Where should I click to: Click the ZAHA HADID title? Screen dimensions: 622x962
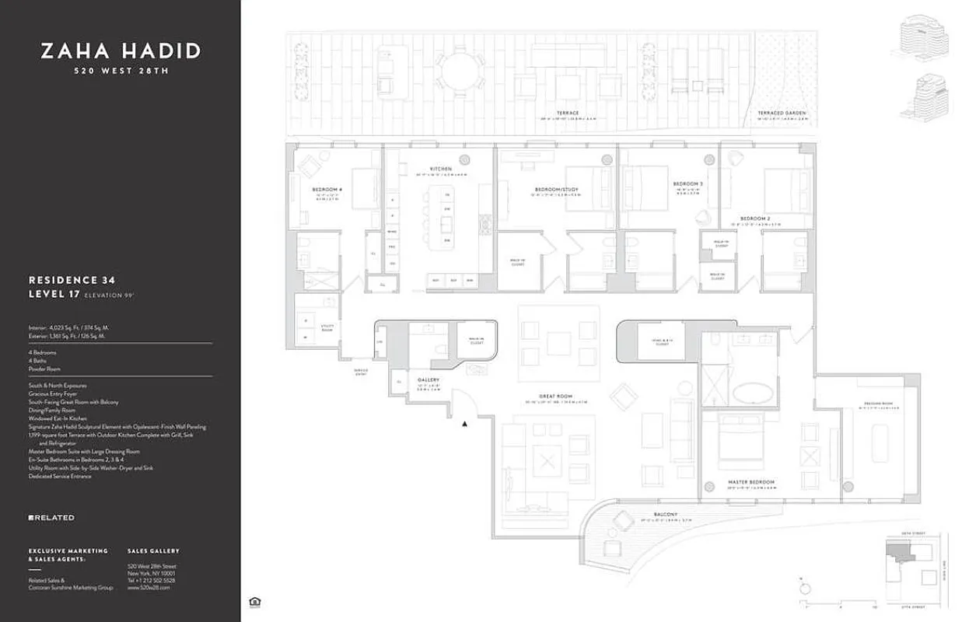coord(121,51)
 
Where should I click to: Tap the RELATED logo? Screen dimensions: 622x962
coord(51,518)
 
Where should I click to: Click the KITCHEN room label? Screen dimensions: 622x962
coord(440,169)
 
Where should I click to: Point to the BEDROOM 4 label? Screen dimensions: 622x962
coord(327,189)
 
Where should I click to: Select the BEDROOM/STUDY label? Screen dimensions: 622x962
coord(556,189)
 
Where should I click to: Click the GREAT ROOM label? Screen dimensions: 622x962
coord(554,397)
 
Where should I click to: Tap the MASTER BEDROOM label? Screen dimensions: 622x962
coord(751,482)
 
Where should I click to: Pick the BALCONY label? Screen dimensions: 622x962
coord(665,515)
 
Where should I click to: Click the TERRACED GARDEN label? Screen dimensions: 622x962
coord(782,114)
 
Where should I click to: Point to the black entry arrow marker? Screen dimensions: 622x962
coord(464,424)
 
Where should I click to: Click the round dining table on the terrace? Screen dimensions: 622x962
coord(459,75)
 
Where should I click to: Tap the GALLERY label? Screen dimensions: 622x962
coord(429,380)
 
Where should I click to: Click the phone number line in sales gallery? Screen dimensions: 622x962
coord(151,580)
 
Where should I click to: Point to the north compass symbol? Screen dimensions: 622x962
coord(805,589)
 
